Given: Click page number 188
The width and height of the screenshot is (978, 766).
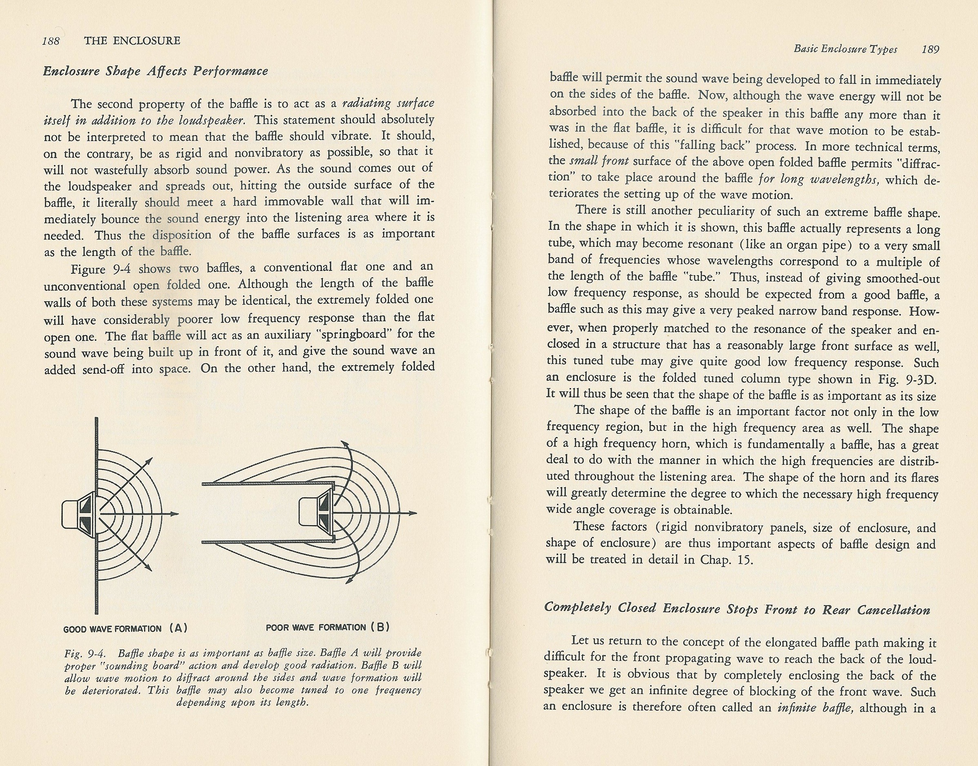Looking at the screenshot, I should [x=51, y=41].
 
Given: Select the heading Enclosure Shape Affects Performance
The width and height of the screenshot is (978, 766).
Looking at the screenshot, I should [x=155, y=72].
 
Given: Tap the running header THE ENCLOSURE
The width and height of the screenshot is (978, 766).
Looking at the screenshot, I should [x=132, y=41].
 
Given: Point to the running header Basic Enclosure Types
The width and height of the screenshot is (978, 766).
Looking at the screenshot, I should [x=845, y=49].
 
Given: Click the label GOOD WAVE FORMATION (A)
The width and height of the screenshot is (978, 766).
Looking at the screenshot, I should [x=125, y=628].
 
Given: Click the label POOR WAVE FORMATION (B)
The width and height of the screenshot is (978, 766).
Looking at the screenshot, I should [x=328, y=627].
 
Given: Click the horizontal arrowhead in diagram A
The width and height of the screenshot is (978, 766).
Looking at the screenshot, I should [x=175, y=514].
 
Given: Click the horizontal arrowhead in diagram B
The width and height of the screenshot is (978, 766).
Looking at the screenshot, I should [x=413, y=513].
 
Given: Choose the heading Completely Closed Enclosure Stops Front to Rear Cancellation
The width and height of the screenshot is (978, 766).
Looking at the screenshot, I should [x=737, y=609].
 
